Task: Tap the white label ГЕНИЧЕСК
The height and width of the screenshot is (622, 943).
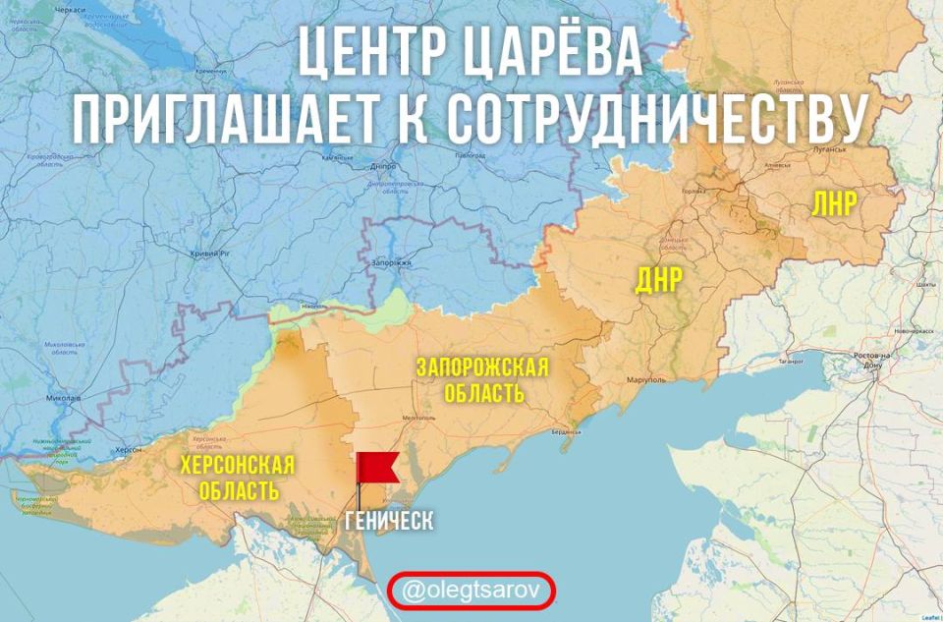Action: point(389,521)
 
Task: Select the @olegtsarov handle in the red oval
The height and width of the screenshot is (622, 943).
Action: point(471,591)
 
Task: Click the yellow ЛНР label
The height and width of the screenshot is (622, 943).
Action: point(834,203)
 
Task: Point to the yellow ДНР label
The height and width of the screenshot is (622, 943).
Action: point(659,280)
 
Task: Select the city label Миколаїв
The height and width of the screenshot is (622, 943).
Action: point(63,398)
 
